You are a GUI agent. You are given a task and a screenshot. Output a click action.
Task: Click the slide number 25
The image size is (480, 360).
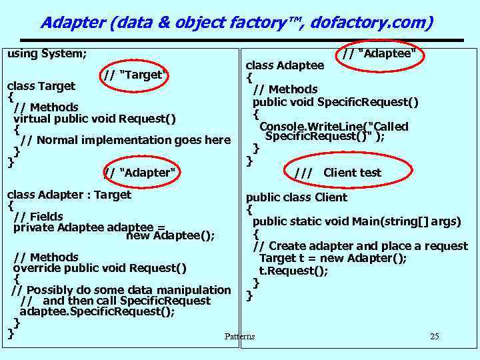pyautogui.click(x=434, y=336)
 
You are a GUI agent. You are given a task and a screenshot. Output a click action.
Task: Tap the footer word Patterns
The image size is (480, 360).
pyautogui.click(x=239, y=336)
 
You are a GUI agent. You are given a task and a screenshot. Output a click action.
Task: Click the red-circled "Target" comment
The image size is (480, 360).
pyautogui.click(x=135, y=74)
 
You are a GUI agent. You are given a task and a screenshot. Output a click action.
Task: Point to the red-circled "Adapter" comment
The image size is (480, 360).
pyautogui.click(x=141, y=173)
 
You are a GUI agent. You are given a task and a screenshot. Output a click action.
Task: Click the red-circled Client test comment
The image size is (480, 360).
pyautogui.click(x=338, y=173)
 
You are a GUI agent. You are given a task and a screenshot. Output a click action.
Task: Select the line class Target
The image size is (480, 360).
pyautogui.click(x=41, y=86)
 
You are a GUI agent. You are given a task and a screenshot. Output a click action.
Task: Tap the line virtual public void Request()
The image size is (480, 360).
pyautogui.click(x=95, y=119)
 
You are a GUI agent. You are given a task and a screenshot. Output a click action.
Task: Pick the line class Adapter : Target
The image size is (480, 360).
pyautogui.click(x=69, y=195)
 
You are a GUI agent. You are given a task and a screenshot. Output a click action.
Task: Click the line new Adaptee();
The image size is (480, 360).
pyautogui.click(x=170, y=235)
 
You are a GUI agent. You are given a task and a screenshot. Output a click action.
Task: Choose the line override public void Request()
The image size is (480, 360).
pyautogui.click(x=100, y=269)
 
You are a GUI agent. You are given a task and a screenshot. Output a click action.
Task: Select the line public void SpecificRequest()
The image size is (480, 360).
pyautogui.click(x=335, y=101)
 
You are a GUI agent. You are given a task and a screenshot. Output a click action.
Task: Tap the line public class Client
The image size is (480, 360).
pyautogui.click(x=297, y=197)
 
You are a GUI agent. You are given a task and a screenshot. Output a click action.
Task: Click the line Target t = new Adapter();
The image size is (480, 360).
pyautogui.click(x=333, y=259)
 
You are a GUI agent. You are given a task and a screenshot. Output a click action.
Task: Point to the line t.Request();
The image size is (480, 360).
pyautogui.click(x=294, y=271)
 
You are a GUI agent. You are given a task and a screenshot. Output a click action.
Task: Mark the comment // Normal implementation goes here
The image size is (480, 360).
pyautogui.click(x=125, y=140)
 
